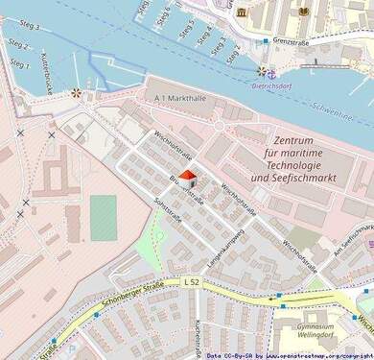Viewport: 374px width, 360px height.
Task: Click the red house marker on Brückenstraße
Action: [x=188, y=180]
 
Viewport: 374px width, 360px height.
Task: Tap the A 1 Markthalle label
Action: [x=179, y=98]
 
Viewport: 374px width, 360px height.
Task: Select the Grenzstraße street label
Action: [x=292, y=41]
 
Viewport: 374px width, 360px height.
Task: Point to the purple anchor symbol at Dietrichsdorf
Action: [x=271, y=73]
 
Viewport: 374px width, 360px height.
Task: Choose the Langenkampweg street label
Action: [x=225, y=242]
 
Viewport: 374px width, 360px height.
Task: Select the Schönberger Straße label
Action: [x=125, y=299]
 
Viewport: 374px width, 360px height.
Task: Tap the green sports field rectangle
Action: [x=104, y=217]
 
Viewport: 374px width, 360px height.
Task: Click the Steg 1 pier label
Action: [x=19, y=63]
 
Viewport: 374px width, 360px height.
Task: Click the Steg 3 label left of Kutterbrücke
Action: [x=29, y=26]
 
